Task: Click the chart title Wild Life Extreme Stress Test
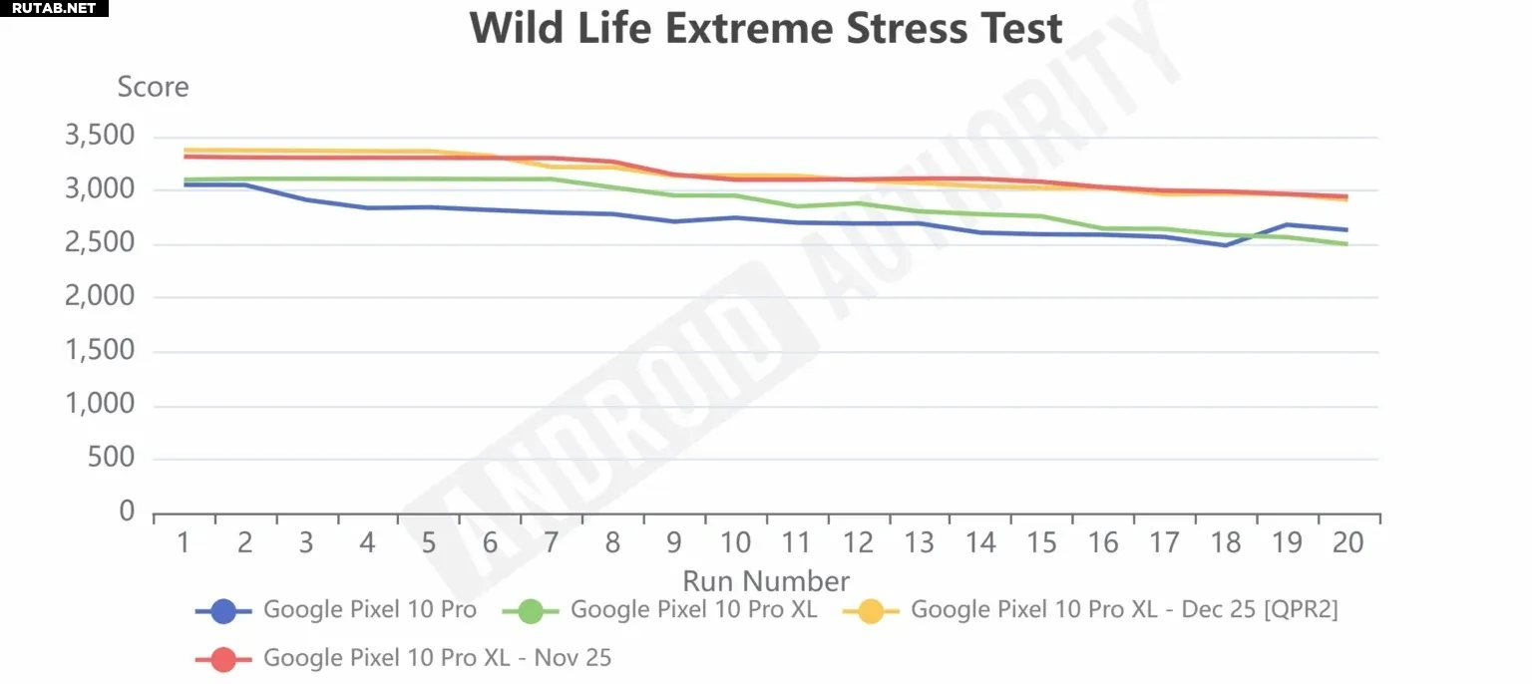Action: [766, 28]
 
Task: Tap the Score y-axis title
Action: [153, 88]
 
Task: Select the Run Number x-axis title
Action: [766, 581]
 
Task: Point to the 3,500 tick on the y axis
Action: [99, 137]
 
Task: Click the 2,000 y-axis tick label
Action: [99, 297]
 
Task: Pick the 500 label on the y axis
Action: [112, 459]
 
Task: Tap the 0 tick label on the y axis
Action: [126, 513]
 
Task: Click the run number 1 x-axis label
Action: [184, 542]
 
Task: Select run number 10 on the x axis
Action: [735, 542]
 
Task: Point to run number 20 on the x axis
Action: [1347, 542]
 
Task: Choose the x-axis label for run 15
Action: [1041, 542]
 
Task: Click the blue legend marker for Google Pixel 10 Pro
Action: [223, 610]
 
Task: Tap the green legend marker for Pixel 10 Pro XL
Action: [531, 610]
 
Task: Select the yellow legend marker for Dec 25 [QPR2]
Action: [871, 610]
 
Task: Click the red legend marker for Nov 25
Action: [223, 658]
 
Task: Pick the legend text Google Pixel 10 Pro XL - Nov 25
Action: [437, 658]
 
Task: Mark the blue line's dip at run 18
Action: [1225, 245]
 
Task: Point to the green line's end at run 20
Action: [1347, 244]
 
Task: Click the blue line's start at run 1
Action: [185, 184]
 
